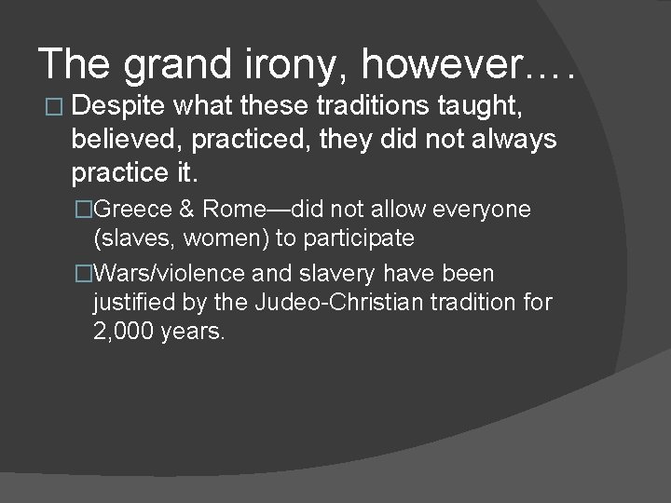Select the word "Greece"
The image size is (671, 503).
(x=131, y=210)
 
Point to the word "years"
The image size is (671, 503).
(x=193, y=332)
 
